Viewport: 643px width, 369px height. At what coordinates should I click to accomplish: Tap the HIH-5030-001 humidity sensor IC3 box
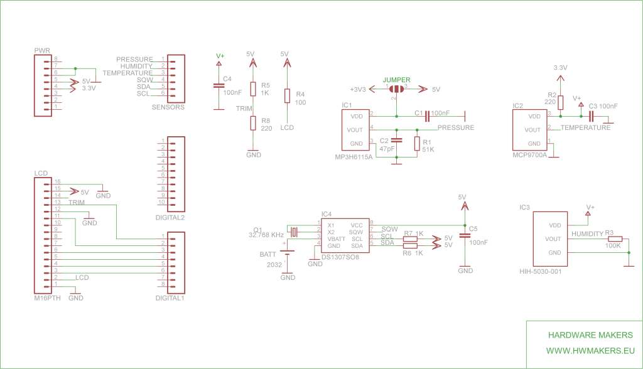tap(551, 238)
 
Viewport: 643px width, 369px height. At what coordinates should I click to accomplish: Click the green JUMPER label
tap(397, 80)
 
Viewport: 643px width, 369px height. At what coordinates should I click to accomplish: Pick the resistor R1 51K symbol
tap(417, 144)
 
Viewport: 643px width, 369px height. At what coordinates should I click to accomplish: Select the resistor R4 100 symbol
tap(287, 95)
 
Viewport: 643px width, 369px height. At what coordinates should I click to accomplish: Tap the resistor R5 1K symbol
tap(253, 88)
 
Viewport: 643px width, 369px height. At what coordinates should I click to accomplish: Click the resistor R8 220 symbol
tap(253, 123)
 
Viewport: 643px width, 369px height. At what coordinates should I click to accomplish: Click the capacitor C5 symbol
tap(465, 235)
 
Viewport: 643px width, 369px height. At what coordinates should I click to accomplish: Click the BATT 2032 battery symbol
tap(287, 253)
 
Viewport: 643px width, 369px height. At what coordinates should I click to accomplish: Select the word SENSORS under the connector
tap(168, 107)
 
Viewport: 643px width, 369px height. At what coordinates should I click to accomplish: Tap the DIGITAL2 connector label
tap(170, 218)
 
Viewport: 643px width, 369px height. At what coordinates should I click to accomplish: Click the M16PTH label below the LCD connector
tap(48, 298)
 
